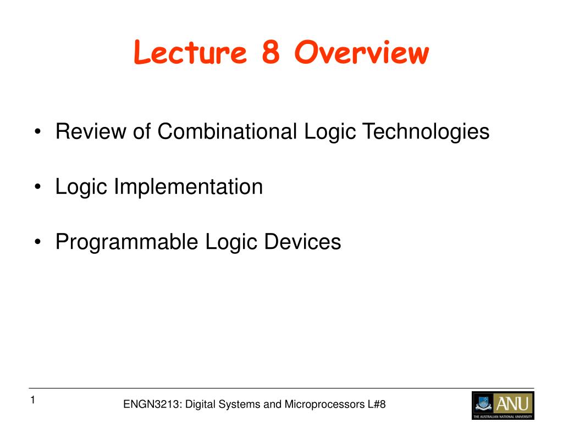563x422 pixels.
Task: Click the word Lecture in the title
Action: click(190, 52)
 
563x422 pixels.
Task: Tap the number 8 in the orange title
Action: click(271, 52)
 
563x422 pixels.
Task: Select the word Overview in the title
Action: click(362, 52)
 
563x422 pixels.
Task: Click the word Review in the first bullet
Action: click(91, 131)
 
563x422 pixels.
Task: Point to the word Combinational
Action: click(227, 131)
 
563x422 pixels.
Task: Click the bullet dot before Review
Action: click(38, 132)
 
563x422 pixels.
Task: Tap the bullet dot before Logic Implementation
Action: click(38, 187)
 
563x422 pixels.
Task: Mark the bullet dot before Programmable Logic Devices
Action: click(38, 242)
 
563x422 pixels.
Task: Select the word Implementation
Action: click(189, 187)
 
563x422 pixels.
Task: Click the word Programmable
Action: click(126, 242)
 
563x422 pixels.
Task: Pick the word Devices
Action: click(302, 242)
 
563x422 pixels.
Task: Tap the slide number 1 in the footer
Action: click(32, 400)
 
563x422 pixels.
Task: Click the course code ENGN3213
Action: click(153, 404)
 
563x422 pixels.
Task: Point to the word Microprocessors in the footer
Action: click(324, 405)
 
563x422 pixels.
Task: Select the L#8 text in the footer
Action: click(377, 404)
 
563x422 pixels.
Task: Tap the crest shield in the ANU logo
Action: click(484, 403)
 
